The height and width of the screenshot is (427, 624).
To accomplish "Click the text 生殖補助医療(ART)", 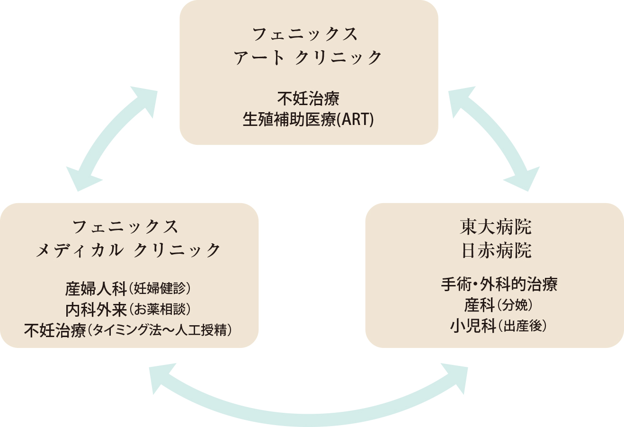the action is pos(308,119).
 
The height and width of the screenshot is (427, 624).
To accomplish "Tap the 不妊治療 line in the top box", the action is pos(308,98).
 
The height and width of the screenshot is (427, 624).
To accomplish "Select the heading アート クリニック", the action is pos(308,58).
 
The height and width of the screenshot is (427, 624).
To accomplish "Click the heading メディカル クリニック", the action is pos(128,250).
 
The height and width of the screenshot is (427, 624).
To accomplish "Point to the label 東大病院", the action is pos(496,227).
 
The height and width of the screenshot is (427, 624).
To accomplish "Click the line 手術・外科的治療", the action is pos(499,285).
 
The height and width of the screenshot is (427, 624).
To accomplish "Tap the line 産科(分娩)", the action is pos(499,305).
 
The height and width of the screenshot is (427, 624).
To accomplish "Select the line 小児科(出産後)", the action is pos(499,326).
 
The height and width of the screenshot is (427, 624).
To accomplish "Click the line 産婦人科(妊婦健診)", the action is pos(128,288).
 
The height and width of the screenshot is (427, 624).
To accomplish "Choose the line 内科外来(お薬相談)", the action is pos(128,310).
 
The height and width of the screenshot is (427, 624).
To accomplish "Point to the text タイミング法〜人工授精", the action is pos(160,330).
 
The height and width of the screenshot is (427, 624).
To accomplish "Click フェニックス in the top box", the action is pos(305,34).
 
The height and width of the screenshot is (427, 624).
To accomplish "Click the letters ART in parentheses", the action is pos(356,119).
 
